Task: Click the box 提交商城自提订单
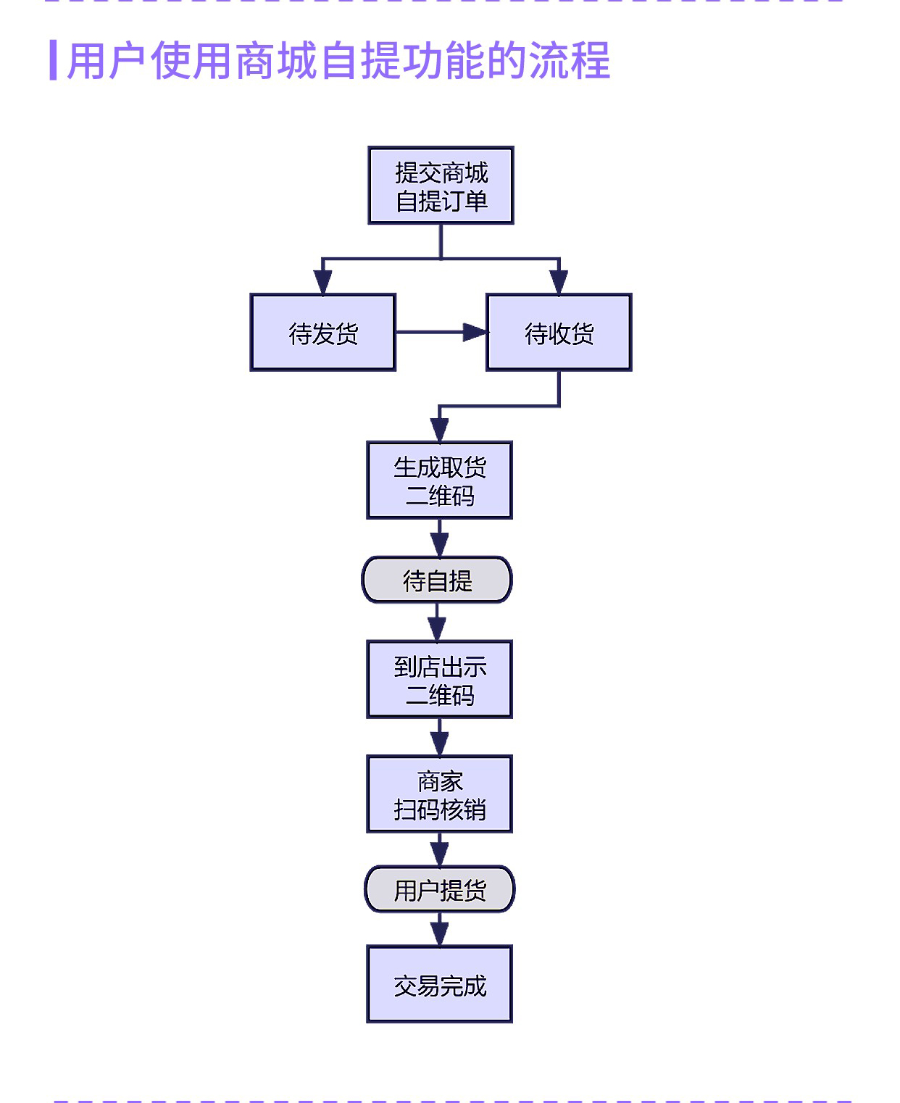point(441,186)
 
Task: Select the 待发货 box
point(322,333)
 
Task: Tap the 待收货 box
point(559,333)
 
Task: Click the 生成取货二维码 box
point(439,480)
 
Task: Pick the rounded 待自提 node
point(437,580)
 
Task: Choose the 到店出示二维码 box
point(439,680)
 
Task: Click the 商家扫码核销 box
point(439,794)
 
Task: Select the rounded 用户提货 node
point(439,889)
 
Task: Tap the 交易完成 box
point(439,984)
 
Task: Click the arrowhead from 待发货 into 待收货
point(475,333)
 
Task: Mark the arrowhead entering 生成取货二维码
point(439,430)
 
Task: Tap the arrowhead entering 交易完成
point(439,934)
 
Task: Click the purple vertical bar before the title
point(53,60)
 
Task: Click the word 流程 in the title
point(570,60)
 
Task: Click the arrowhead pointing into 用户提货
point(439,855)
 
